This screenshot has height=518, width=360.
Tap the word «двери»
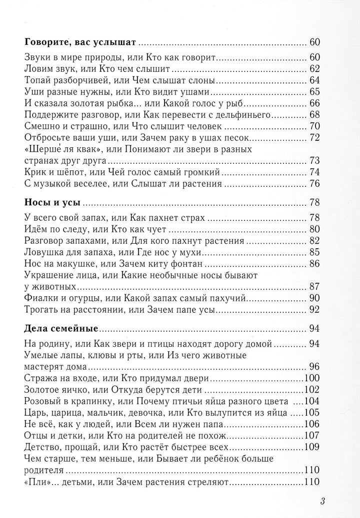pos(184,378)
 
